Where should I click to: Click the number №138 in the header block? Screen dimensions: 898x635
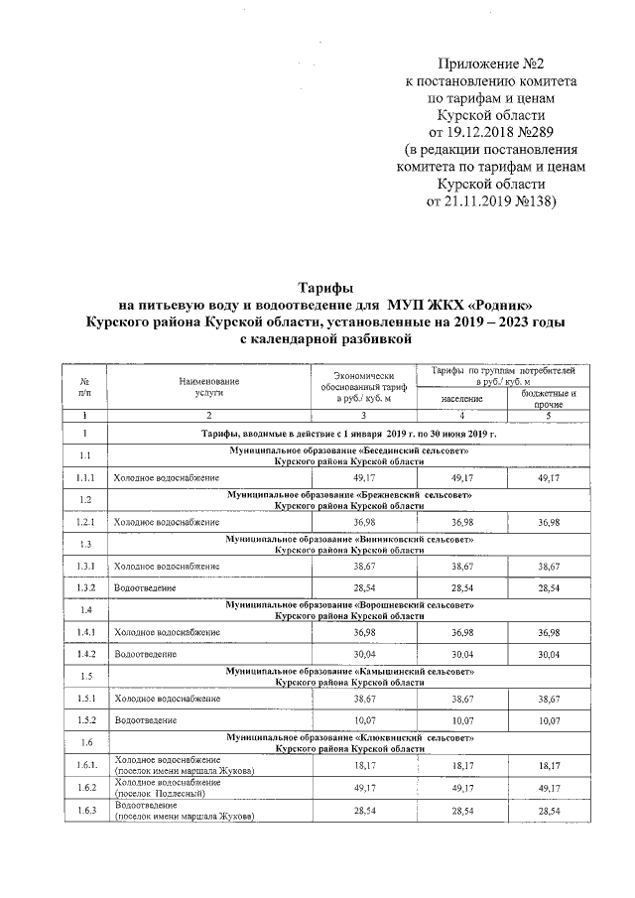(533, 201)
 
